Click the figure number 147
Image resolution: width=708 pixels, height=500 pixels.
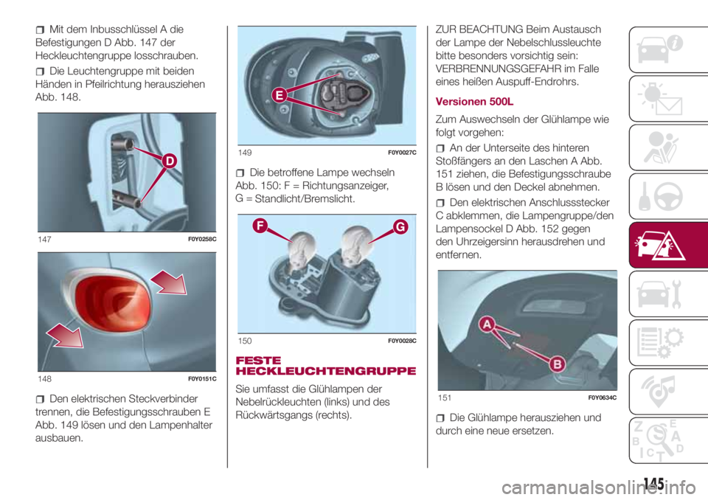coord(43,239)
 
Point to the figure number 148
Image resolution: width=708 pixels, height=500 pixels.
coord(43,378)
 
